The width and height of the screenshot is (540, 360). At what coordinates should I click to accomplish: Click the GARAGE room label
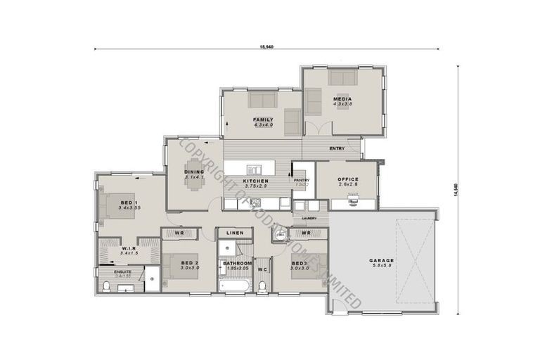[382, 261]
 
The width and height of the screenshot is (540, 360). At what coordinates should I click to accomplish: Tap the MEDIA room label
[342, 98]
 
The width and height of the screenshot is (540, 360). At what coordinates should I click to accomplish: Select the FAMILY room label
[263, 120]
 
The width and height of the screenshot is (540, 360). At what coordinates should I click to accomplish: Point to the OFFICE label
[347, 179]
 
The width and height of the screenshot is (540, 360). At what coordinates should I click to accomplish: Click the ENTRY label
[337, 148]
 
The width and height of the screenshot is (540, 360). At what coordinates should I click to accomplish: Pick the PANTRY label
[302, 180]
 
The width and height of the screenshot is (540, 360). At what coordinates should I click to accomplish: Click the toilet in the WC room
[262, 285]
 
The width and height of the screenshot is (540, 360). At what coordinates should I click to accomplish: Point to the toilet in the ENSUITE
[106, 285]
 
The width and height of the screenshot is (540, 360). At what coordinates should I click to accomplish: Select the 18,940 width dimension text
[266, 47]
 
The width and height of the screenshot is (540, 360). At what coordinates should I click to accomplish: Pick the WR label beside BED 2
[179, 233]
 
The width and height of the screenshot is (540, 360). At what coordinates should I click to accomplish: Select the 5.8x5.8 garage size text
[382, 266]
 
